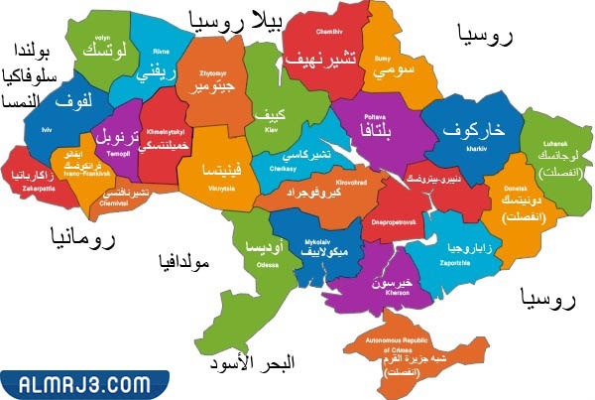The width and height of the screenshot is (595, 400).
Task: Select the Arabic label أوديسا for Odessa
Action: (263, 243)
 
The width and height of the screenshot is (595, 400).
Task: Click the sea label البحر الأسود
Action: (252, 364)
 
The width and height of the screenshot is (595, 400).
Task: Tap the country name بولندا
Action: (30, 49)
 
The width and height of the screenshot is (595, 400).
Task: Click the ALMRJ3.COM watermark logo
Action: (78, 381)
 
